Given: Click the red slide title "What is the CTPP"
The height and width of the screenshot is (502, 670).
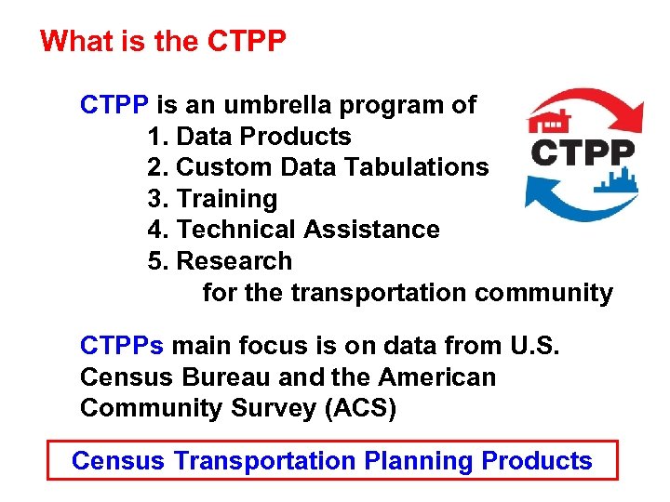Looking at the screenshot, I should pos(164,42).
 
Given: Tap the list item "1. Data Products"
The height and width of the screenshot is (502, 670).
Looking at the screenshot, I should pos(249,137).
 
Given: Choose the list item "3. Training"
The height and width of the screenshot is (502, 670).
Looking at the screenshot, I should pos(212,199).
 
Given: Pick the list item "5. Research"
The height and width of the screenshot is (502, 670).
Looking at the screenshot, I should pos(220,261).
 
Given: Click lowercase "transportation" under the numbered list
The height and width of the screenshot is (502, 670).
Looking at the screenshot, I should pos(379,293).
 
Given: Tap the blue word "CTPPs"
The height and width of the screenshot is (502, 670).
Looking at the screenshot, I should pos(122,347).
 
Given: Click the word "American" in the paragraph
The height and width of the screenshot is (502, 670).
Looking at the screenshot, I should pos(437,378).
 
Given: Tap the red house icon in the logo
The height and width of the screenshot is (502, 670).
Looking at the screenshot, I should pos(549,121).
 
